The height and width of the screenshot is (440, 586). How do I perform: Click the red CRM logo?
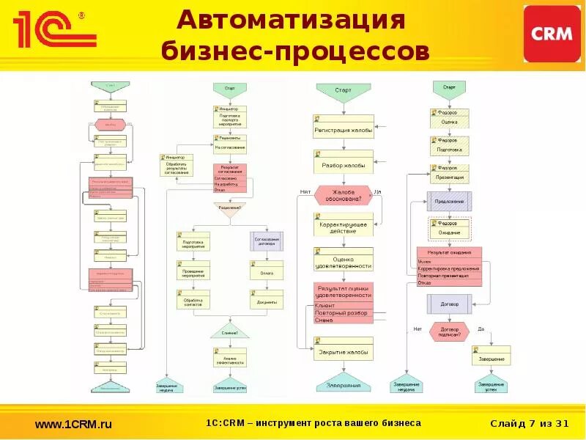click(551, 34)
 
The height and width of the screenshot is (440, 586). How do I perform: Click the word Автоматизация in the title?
click(292, 20)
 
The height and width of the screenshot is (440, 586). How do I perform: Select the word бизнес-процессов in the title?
click(294, 52)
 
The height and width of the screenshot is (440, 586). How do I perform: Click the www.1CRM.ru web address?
click(73, 424)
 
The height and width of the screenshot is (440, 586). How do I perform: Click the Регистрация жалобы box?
click(344, 130)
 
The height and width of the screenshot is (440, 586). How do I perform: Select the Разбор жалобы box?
click(344, 166)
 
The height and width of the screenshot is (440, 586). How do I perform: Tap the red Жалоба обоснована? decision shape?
click(344, 196)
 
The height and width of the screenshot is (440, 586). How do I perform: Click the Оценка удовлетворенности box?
click(344, 262)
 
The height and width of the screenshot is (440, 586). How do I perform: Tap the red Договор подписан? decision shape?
click(449, 332)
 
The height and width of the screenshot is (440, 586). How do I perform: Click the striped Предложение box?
click(449, 201)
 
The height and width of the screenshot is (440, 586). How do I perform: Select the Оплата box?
click(266, 273)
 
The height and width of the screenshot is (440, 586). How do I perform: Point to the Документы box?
click(266, 301)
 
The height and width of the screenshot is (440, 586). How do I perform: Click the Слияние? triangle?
click(230, 331)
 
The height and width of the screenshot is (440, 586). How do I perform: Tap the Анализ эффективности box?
click(230, 359)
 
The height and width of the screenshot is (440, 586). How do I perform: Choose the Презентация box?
click(449, 177)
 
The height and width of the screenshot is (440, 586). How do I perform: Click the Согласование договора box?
click(266, 241)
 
